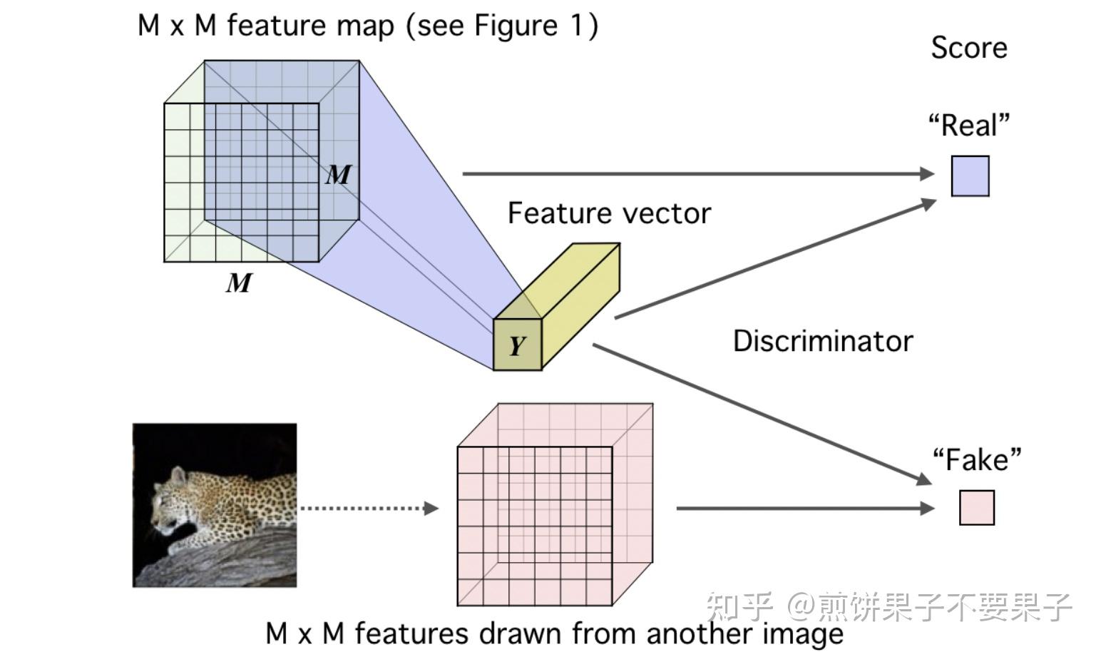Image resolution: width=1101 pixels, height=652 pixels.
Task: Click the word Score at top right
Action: pyautogui.click(x=968, y=48)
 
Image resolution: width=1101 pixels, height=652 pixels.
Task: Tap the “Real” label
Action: pyautogui.click(x=968, y=126)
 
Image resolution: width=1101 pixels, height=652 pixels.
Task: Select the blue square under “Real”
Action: pyautogui.click(x=970, y=175)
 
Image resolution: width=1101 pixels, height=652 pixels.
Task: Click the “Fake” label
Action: pyautogui.click(x=976, y=460)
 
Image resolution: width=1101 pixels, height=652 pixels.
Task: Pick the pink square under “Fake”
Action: pyautogui.click(x=976, y=508)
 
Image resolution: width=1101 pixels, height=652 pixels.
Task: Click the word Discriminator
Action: pyautogui.click(x=822, y=341)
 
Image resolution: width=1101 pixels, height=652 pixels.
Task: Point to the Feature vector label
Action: pyautogui.click(x=609, y=213)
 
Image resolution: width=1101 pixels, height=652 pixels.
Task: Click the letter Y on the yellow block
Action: pyautogui.click(x=516, y=346)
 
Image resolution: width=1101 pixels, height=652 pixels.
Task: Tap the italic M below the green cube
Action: pyautogui.click(x=239, y=283)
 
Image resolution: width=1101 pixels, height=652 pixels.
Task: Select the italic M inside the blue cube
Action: pyautogui.click(x=339, y=175)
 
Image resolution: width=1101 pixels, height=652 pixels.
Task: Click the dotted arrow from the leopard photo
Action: pyautogui.click(x=367, y=508)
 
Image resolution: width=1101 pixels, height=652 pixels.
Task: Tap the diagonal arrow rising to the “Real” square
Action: pyautogui.click(x=774, y=259)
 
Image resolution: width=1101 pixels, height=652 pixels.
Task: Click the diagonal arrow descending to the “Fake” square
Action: pyautogui.click(x=763, y=414)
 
